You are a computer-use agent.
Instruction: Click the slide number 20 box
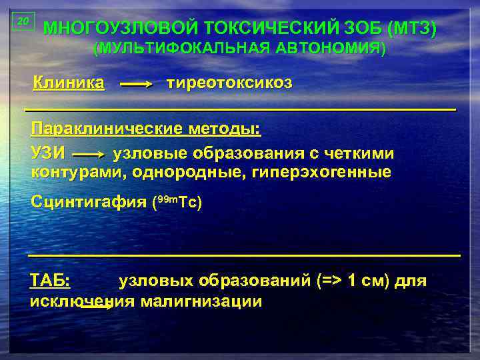(23, 21)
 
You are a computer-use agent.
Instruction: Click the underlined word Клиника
(69, 83)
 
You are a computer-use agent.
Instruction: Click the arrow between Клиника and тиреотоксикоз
(137, 85)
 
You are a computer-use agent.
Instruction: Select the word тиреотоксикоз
(229, 83)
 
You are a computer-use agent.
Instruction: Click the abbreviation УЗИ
(48, 153)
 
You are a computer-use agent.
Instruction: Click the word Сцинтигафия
(89, 202)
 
